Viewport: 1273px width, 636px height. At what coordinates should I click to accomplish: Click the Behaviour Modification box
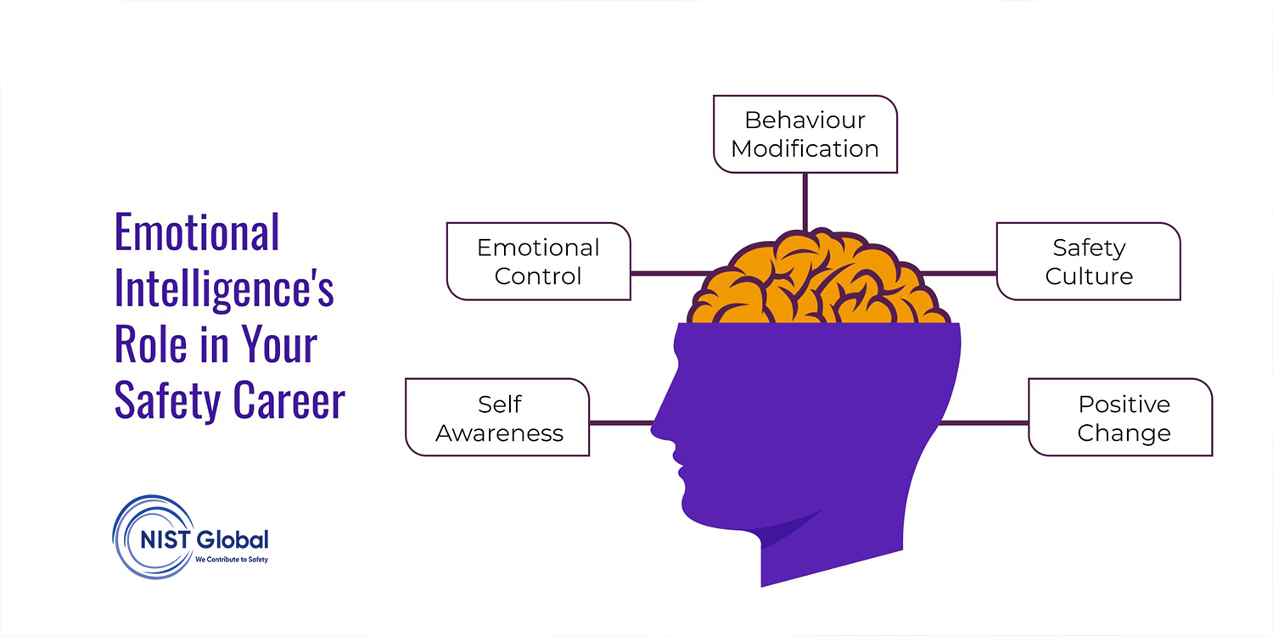pyautogui.click(x=805, y=134)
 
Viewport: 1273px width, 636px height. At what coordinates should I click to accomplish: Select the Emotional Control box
pyautogui.click(x=539, y=261)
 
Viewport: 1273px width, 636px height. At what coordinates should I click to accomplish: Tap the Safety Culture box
pyautogui.click(x=1089, y=261)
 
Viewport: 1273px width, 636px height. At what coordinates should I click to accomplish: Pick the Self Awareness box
pyautogui.click(x=497, y=417)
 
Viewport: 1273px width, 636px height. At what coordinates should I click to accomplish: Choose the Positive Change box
pyautogui.click(x=1121, y=417)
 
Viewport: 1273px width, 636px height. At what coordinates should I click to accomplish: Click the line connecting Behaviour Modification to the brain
pyautogui.click(x=805, y=202)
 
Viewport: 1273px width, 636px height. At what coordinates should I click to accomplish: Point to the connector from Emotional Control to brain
pyautogui.click(x=670, y=274)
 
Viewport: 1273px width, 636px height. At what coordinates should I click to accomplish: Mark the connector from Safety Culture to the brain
pyautogui.click(x=958, y=274)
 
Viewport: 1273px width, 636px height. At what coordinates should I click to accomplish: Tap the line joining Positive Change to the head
pyautogui.click(x=983, y=423)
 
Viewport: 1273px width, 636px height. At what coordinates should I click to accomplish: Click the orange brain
pyautogui.click(x=818, y=278)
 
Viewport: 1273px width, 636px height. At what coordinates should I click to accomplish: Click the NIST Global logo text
pyautogui.click(x=204, y=539)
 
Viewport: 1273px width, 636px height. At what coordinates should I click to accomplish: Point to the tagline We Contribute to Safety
pyautogui.click(x=232, y=560)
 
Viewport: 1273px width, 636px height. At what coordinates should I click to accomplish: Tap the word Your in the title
pyautogui.click(x=279, y=344)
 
